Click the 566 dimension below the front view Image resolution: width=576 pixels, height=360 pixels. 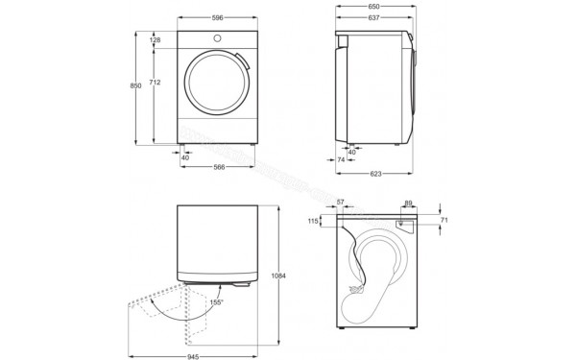pyautogui.click(x=219, y=167)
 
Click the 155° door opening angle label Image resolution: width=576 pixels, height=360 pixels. pyautogui.click(x=217, y=302)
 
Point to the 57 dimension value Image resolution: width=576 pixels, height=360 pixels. pyautogui.click(x=341, y=203)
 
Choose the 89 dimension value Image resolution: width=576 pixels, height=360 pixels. pyautogui.click(x=408, y=203)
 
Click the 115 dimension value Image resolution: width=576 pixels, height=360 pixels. pyautogui.click(x=312, y=222)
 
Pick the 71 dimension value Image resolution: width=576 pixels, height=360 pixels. pyautogui.click(x=444, y=221)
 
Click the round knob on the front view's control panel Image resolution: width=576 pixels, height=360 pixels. pyautogui.click(x=219, y=38)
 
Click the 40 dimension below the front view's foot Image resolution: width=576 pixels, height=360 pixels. pyautogui.click(x=185, y=157)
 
